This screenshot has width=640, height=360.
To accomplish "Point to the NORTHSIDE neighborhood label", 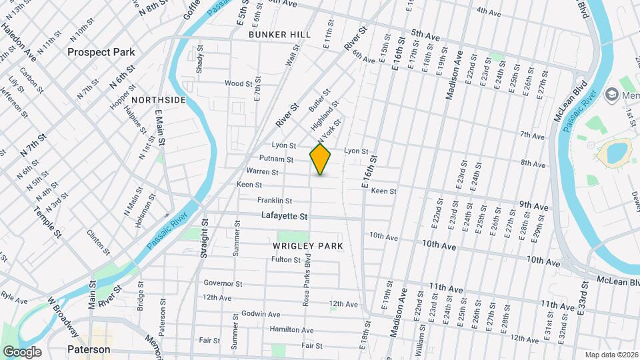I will click(x=159, y=100).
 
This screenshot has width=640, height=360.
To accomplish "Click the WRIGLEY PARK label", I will click(x=308, y=246).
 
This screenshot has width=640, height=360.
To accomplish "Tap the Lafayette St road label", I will click(x=284, y=217).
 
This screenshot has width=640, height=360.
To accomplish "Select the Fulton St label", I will click(x=286, y=259).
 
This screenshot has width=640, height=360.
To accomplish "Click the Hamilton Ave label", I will click(x=291, y=330).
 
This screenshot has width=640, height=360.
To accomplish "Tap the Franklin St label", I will click(x=275, y=201).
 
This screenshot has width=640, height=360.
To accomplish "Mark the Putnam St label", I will click(x=276, y=160).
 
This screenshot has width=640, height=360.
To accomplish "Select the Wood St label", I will click(x=238, y=84).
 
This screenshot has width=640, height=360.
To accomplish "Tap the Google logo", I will click(x=22, y=351).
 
